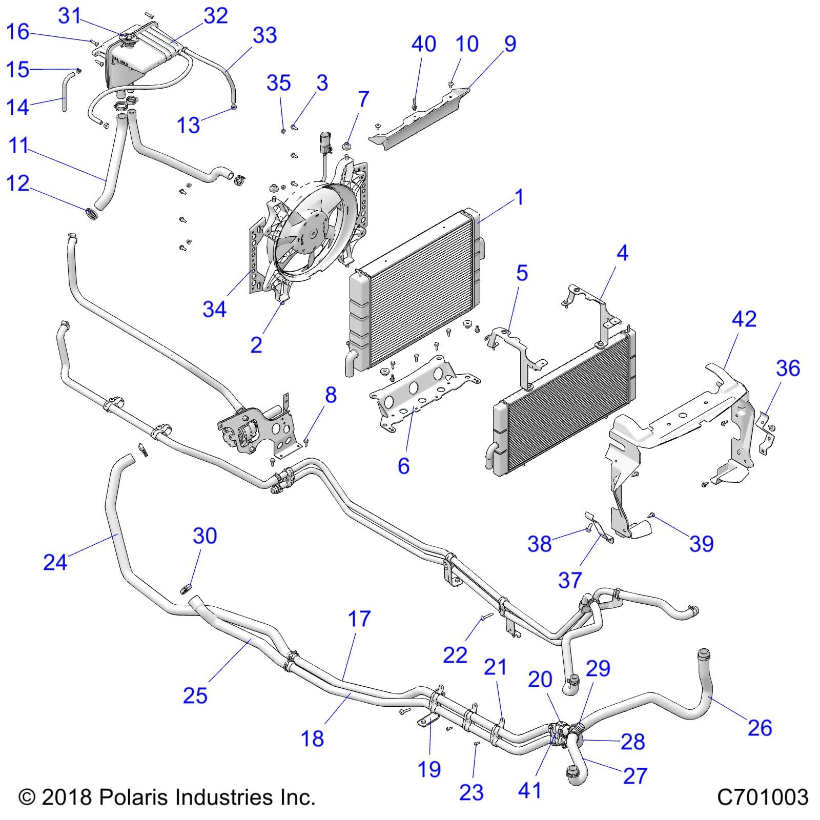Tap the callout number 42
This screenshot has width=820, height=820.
pos(744,319)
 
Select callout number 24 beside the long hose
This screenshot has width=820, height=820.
pos(55,562)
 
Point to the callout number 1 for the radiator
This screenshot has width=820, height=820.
pos(520,197)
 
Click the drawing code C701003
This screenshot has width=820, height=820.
pos(763,797)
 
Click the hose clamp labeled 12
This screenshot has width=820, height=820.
pos(91,212)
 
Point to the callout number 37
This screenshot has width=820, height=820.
pos(570,580)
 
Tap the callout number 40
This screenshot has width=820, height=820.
pos(424,44)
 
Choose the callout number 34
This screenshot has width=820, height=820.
pos(214,309)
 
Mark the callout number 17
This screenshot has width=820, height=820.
pos(359,619)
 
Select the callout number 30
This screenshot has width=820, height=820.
pos(204,536)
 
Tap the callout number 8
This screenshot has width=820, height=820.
pos(331,395)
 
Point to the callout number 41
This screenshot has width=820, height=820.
pos(529,790)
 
